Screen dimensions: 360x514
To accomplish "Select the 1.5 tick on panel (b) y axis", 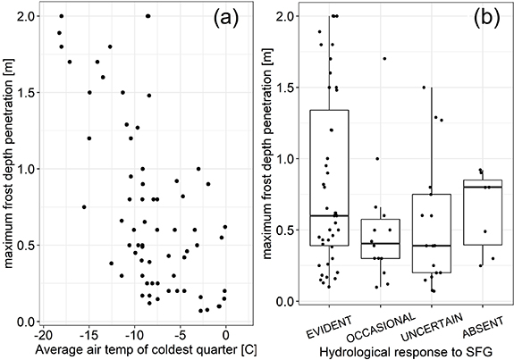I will point(284,88).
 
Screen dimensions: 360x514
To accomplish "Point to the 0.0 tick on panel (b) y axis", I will point(284,301).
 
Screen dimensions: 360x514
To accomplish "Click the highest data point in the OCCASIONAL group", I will point(384,59).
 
